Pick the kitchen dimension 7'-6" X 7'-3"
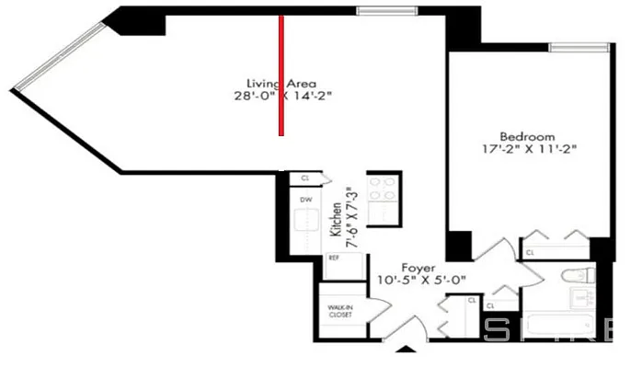click(x=350, y=216)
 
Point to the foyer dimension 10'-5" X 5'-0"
click(x=421, y=280)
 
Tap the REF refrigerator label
click(x=334, y=259)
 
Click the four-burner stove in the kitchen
click(x=381, y=189)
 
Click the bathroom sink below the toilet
click(x=580, y=298)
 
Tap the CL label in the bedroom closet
click(x=530, y=251)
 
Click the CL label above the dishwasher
click(x=304, y=178)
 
